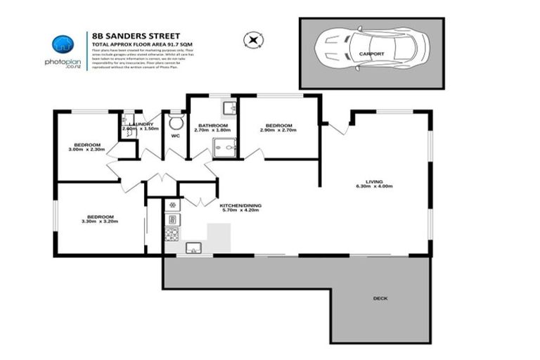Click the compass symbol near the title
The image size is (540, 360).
pos(252,39)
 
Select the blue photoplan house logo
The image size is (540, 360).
pos(65,44)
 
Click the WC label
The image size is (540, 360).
pos(169,136)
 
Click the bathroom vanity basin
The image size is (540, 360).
pos(229,108)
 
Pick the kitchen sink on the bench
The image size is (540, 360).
pos(192,247)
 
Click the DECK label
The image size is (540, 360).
pos(380,298)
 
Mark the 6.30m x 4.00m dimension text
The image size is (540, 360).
pos(374,186)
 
